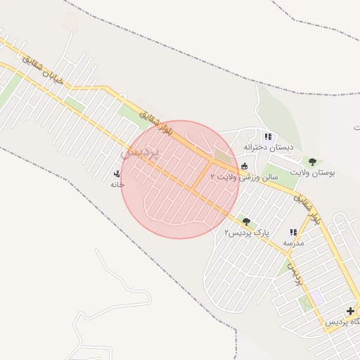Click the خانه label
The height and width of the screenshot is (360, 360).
pyautogui.click(x=117, y=184)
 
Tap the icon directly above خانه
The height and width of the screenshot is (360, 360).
pyautogui.click(x=117, y=174)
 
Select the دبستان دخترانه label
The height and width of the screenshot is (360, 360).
pyautogui.click(x=262, y=147)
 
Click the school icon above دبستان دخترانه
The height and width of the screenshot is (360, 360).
pyautogui.click(x=267, y=136)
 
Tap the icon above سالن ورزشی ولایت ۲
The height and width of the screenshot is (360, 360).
pyautogui.click(x=244, y=167)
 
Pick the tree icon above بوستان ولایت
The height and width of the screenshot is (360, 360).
pyautogui.click(x=312, y=162)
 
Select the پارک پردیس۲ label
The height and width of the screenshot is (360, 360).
pyautogui.click(x=247, y=232)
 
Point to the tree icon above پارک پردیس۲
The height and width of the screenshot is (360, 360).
pyautogui.click(x=245, y=222)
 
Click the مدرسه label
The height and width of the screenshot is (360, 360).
pyautogui.click(x=293, y=243)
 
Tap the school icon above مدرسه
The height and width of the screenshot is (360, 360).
pyautogui.click(x=293, y=232)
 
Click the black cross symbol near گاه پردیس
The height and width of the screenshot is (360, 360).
pyautogui.click(x=350, y=311)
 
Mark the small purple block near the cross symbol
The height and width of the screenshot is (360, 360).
pyautogui.click(x=317, y=297)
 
